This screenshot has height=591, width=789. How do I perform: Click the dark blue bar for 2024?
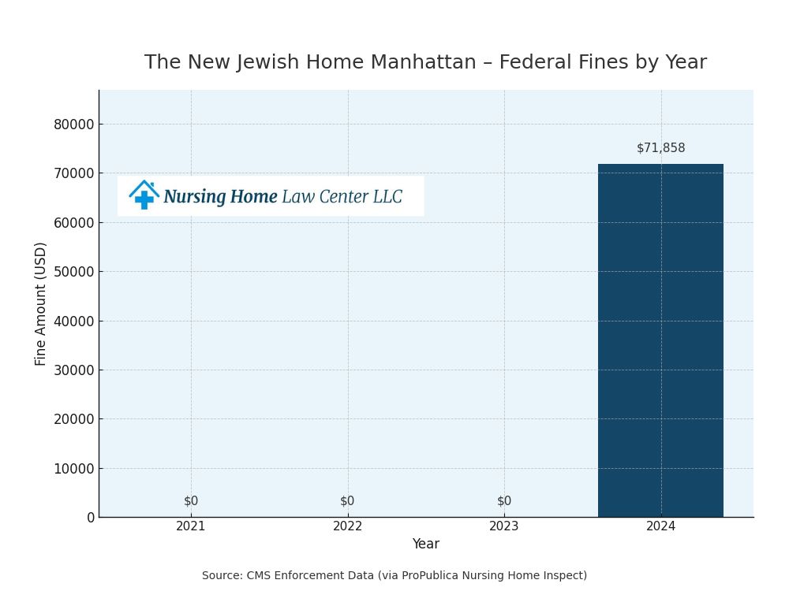660,340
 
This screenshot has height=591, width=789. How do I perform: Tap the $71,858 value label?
660,148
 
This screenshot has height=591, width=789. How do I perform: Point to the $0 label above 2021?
191,501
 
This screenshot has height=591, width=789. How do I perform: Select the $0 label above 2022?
347,501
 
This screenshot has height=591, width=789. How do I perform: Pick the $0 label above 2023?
504,501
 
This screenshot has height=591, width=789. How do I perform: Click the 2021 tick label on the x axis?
191,526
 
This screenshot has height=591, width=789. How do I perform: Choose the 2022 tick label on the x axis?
347,526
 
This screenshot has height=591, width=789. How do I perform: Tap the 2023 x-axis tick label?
504,526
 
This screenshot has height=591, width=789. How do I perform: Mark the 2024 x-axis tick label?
660,526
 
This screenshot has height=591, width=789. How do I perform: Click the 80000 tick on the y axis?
73,125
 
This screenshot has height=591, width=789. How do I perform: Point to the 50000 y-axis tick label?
73,272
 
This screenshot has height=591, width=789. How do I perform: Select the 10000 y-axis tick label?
73,469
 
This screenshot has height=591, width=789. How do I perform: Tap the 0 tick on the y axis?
91,518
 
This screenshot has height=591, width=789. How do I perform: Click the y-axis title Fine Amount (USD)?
41,303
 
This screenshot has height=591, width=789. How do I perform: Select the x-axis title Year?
425,545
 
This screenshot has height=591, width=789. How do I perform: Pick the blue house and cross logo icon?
144,195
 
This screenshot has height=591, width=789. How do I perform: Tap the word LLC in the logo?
387,197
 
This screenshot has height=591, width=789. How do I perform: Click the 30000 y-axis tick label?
73,370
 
